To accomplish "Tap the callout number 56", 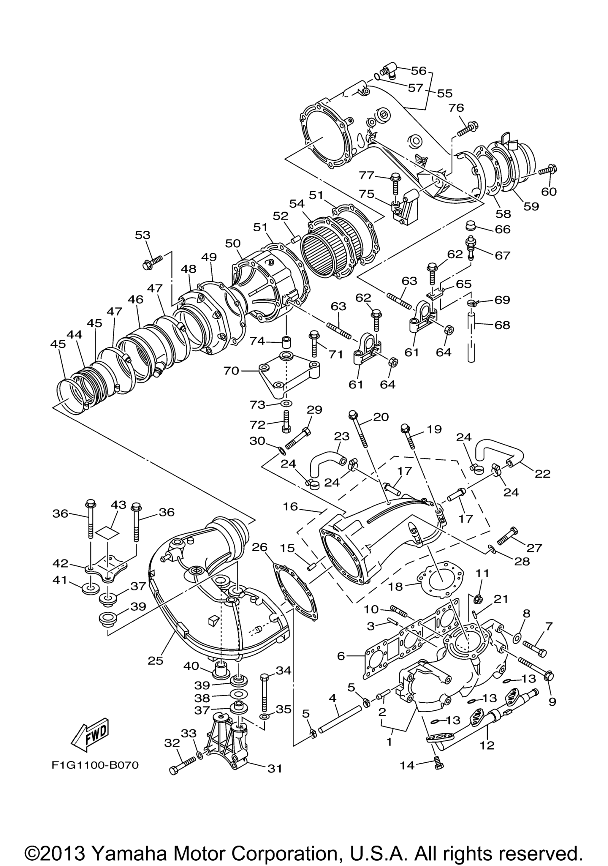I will [418, 70].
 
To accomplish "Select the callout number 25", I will [156, 660].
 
